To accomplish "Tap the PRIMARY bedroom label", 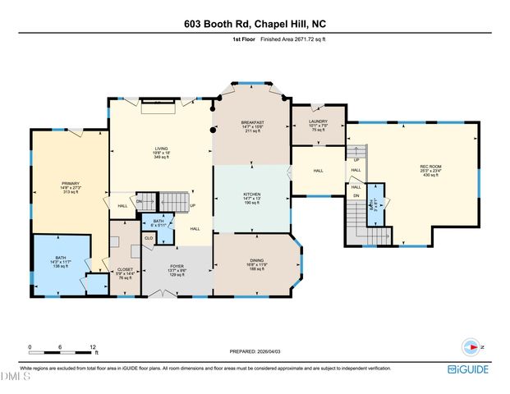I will (70, 184).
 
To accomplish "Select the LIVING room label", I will (161, 149).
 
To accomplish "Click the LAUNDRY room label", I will (318, 121).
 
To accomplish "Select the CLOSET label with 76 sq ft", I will (126, 268).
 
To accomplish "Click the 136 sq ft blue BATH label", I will (61, 258).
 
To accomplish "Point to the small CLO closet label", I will (149, 238).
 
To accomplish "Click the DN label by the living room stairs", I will (140, 201).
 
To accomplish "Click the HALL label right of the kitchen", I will (318, 172).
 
